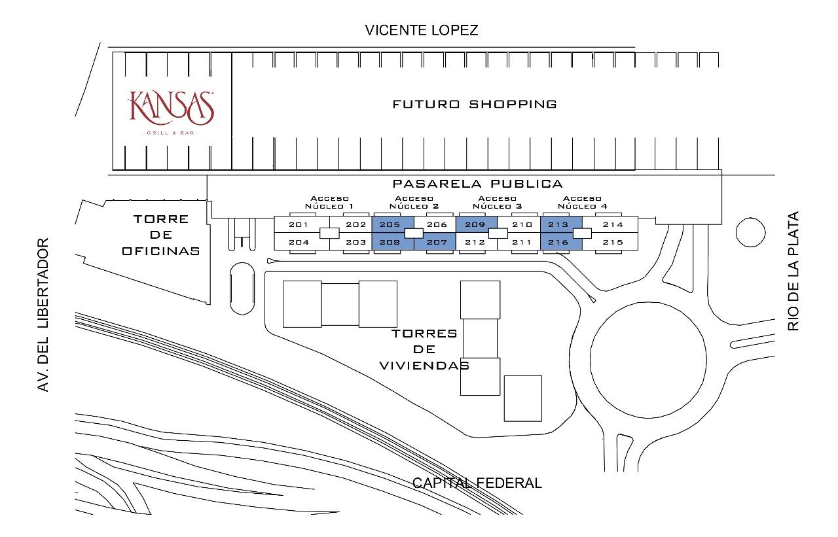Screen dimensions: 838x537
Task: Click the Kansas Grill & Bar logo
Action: pos(171,111)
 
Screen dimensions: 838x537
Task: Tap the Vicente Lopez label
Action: pos(422,30)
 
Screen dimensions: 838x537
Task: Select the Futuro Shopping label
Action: pos(475,104)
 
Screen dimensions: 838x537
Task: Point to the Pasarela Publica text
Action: pos(478,184)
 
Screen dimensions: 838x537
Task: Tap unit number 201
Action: pos(299,224)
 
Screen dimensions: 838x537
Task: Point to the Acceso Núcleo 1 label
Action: pos(329,202)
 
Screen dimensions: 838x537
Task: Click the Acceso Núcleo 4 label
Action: pos(583,202)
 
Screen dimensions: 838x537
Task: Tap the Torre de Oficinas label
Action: pos(161,235)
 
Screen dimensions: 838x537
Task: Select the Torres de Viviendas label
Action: pos(425,349)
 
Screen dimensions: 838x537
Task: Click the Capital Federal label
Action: pos(477,483)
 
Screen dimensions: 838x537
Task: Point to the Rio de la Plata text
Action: pos(793,271)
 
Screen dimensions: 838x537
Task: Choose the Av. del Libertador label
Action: pos(43,315)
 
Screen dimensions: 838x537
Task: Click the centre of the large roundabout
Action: pos(648,360)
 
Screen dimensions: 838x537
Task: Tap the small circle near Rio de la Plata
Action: pos(750,232)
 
